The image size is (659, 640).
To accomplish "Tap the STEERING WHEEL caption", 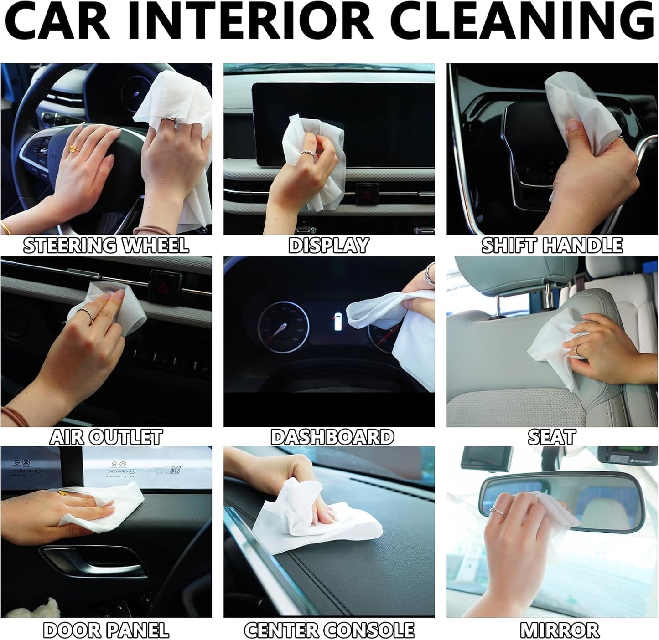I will (x=106, y=246).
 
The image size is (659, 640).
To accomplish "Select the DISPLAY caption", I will (x=329, y=246).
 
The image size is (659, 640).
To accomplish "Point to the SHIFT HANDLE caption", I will (x=552, y=246).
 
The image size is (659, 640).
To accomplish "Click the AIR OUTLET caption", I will (x=106, y=437).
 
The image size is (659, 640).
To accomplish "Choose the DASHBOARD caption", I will (x=332, y=437).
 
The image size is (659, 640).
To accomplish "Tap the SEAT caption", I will (x=552, y=437).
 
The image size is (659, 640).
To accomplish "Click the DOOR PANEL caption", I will (x=106, y=630).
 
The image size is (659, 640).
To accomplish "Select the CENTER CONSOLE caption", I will (x=329, y=630).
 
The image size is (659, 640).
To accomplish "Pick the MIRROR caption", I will (x=559, y=630).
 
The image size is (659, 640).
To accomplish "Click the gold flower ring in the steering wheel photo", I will (x=73, y=148).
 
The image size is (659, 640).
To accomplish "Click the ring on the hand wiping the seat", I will (x=577, y=350).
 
